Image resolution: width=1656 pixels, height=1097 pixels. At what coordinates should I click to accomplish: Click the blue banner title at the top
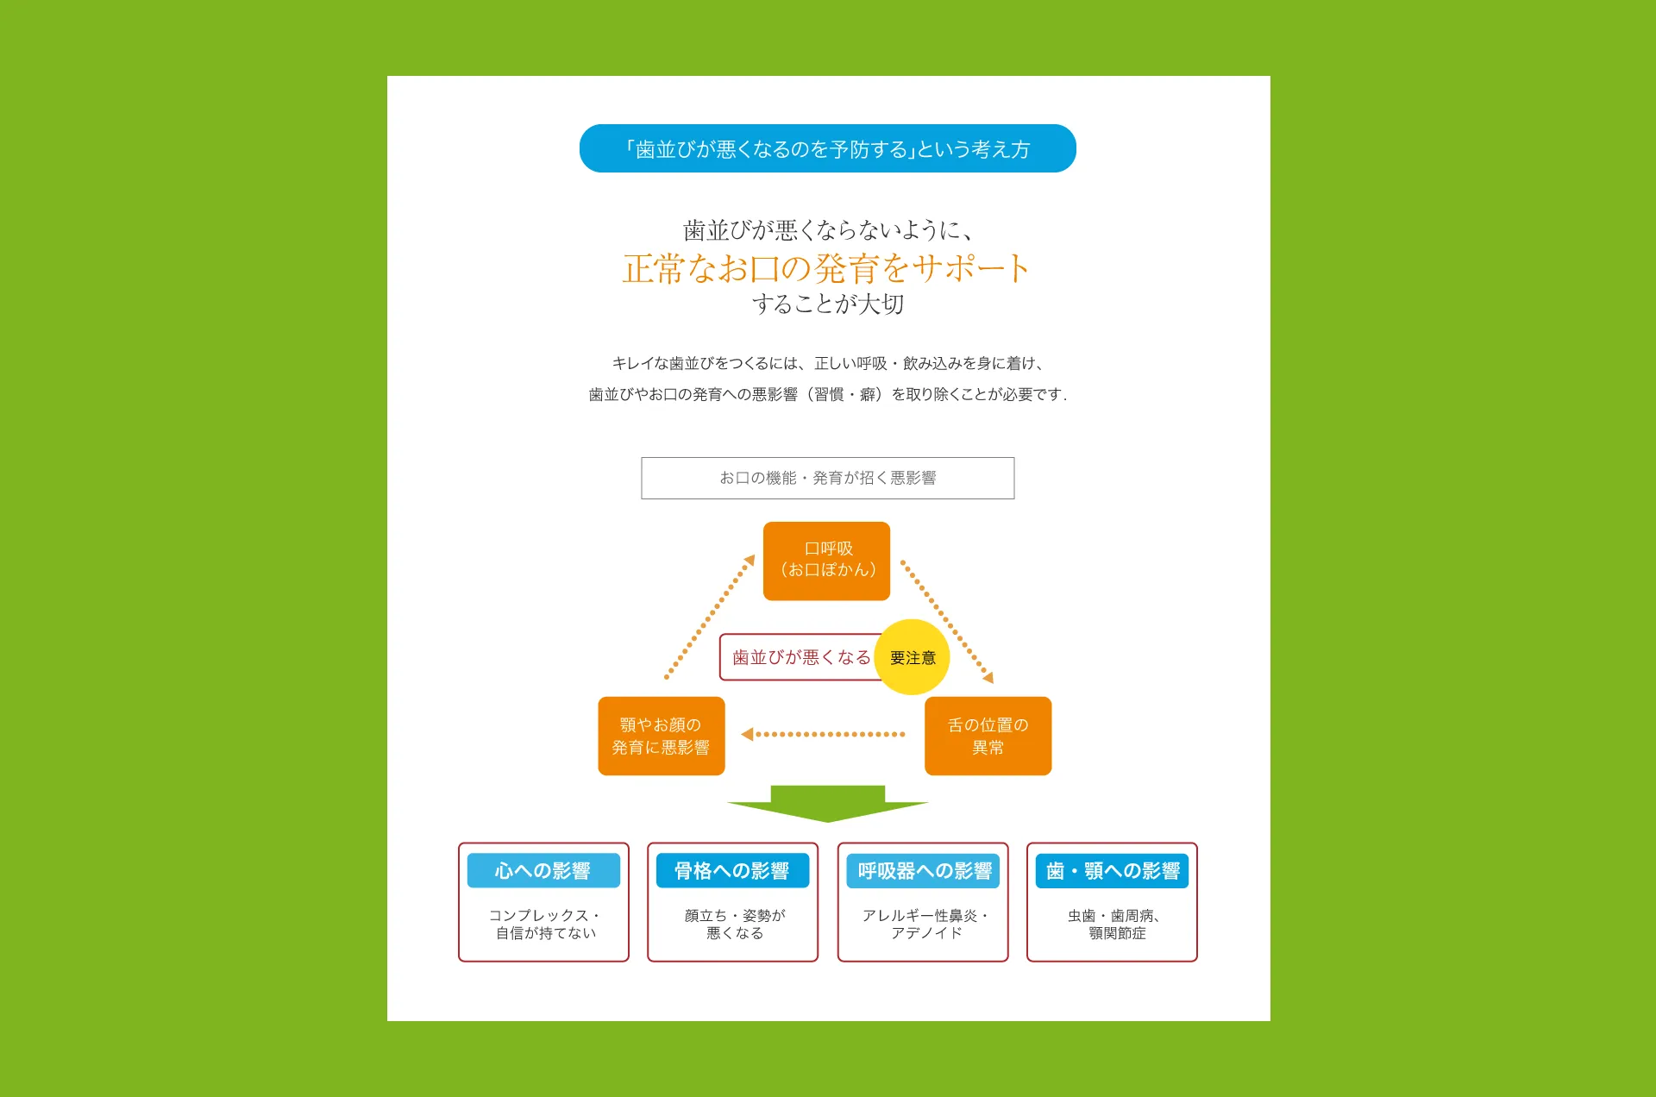827,148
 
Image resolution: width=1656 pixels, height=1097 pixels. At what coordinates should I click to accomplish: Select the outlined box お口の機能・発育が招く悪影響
827,478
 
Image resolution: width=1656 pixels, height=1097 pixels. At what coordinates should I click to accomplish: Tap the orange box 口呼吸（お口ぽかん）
826,561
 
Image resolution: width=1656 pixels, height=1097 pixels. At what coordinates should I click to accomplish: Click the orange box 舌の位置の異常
988,736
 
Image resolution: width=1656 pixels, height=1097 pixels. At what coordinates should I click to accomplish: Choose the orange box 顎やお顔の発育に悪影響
661,736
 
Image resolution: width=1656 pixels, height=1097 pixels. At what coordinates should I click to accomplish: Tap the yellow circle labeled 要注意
912,657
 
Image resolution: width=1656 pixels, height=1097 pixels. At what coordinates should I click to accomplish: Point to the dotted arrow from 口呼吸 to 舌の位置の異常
946,620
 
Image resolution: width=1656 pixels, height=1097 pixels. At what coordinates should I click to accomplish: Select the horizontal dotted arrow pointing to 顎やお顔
824,735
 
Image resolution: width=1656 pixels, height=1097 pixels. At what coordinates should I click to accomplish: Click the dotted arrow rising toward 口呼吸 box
710,617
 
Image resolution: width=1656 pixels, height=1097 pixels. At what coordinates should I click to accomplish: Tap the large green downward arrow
827,803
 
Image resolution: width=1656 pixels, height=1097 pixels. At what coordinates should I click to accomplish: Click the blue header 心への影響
543,871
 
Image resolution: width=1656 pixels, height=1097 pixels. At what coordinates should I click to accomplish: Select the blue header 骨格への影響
732,871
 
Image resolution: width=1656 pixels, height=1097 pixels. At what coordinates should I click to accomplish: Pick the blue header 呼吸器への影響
923,871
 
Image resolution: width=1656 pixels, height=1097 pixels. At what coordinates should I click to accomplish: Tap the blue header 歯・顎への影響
1112,871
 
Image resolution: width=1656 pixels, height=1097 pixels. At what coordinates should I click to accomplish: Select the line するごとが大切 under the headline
827,304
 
